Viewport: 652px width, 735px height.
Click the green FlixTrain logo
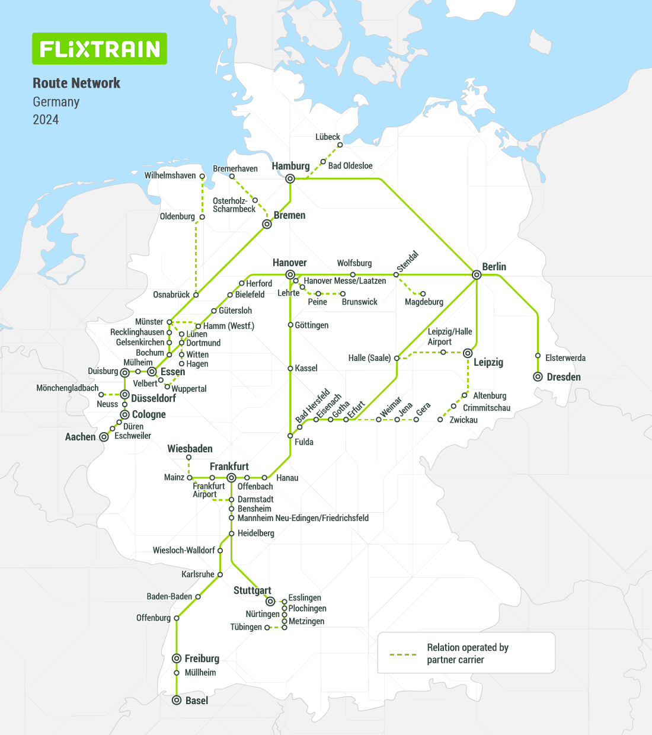[100, 49]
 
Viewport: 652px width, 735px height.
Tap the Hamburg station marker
[290, 178]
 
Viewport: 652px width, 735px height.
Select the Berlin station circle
[477, 274]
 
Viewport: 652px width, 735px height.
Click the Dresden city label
[563, 377]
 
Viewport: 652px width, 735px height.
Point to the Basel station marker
[177, 700]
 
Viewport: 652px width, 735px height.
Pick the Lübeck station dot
[340, 145]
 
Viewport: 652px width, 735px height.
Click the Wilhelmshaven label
[170, 175]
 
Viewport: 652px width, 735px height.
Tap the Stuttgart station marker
[270, 602]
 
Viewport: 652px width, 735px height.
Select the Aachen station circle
[104, 437]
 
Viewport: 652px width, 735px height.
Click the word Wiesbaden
[190, 449]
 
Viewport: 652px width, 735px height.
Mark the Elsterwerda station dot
[538, 356]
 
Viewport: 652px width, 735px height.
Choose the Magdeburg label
[424, 302]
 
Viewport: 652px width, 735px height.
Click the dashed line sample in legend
[403, 654]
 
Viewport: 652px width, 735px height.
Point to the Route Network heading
[76, 83]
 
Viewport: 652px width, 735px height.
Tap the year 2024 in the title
[46, 120]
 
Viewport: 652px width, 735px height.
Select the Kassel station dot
[290, 368]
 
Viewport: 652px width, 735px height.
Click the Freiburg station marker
[177, 659]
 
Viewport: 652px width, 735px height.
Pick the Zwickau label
[463, 420]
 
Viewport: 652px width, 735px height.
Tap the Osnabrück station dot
[196, 294]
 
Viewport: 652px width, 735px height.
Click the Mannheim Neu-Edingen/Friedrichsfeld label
[303, 518]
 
